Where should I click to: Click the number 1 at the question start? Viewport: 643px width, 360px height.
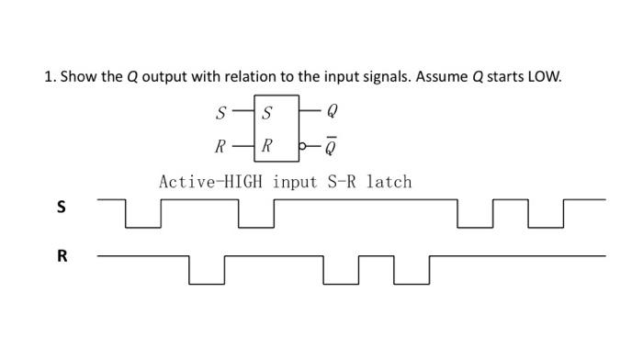(x=48, y=76)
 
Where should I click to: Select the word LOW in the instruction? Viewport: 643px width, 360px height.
(x=542, y=76)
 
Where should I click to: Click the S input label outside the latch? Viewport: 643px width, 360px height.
(x=220, y=115)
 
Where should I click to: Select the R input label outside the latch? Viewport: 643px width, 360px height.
(x=220, y=145)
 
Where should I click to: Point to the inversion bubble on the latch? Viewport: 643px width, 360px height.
(x=303, y=145)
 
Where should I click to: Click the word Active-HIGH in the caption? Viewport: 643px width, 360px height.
(x=213, y=182)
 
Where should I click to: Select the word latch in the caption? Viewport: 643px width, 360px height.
(x=389, y=182)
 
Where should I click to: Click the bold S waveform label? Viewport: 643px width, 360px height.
(x=62, y=207)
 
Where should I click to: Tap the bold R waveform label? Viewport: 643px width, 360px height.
(x=62, y=256)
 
